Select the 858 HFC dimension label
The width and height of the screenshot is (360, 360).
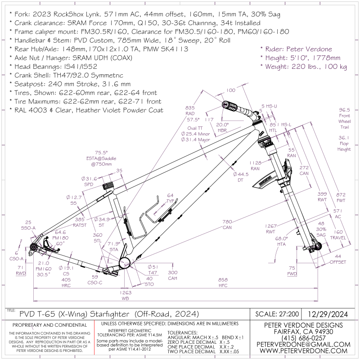[x=223, y=282]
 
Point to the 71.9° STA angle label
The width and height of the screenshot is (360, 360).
[x=114, y=246]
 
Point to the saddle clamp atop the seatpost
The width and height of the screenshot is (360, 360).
[x=108, y=186]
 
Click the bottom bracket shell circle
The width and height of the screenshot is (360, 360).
[x=126, y=263]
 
